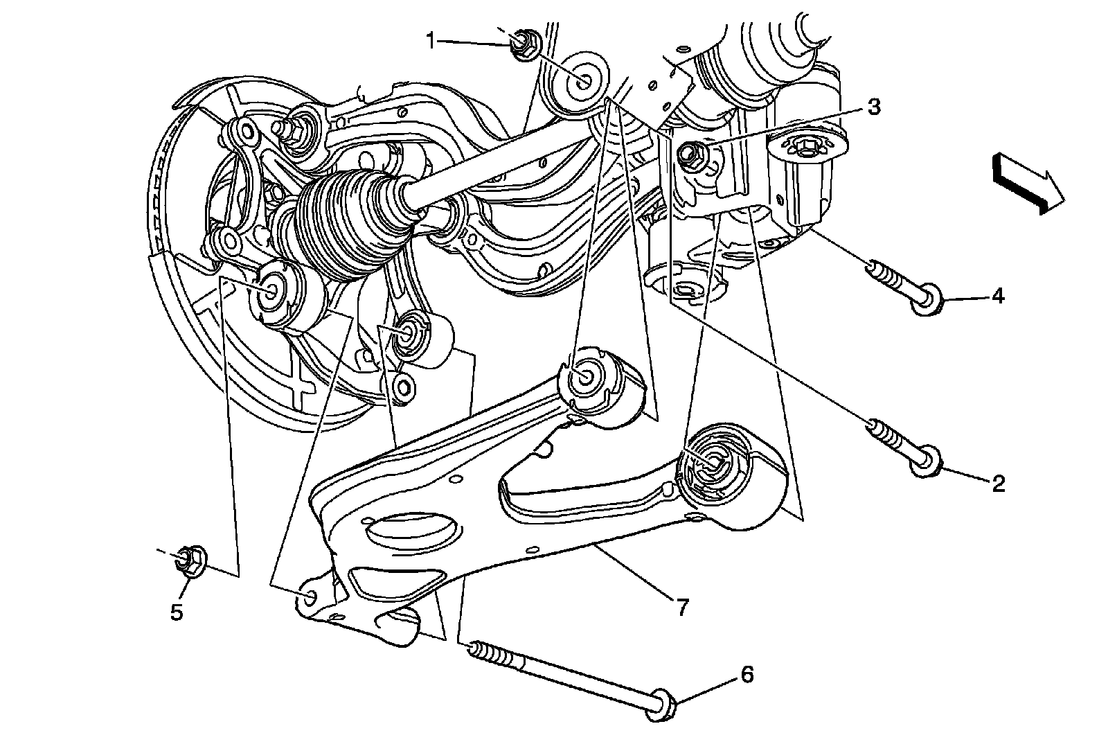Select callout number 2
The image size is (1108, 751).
(x=998, y=483)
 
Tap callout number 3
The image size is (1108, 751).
(x=874, y=107)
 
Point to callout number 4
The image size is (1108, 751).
(x=997, y=297)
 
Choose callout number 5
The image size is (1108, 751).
(x=177, y=612)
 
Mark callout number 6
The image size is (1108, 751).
(x=747, y=674)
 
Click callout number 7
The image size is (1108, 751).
(x=681, y=607)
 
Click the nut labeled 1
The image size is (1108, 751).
(x=521, y=44)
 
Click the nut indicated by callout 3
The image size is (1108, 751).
(x=692, y=154)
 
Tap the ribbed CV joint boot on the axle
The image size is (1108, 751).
(x=339, y=222)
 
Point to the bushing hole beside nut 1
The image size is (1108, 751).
(x=580, y=80)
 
